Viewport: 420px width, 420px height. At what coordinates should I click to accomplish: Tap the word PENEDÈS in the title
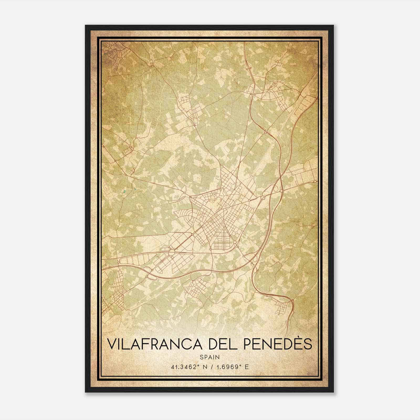tap(279, 344)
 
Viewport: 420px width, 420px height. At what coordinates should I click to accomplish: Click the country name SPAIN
tap(210, 357)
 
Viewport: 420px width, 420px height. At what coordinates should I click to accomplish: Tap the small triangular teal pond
tap(135, 189)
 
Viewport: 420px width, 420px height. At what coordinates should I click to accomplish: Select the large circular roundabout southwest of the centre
tap(172, 253)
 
